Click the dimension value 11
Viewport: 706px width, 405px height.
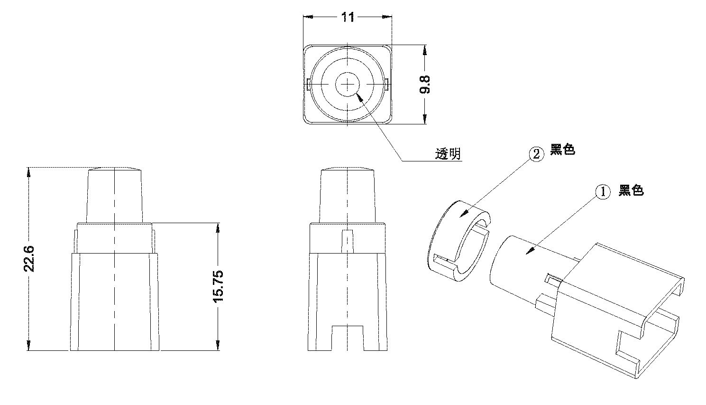(348, 17)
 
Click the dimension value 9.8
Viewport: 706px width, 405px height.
(425, 84)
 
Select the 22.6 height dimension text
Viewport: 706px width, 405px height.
(30, 259)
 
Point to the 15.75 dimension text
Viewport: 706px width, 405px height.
(218, 286)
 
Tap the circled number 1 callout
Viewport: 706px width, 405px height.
(603, 192)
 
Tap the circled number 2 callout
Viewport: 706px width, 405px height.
(536, 154)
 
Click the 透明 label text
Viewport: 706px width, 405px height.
(448, 154)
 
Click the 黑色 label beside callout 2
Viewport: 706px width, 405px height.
(562, 150)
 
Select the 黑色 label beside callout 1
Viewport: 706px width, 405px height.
(631, 191)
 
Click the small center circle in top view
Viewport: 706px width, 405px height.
(348, 84)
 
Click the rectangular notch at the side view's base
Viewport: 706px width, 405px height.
(348, 338)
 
